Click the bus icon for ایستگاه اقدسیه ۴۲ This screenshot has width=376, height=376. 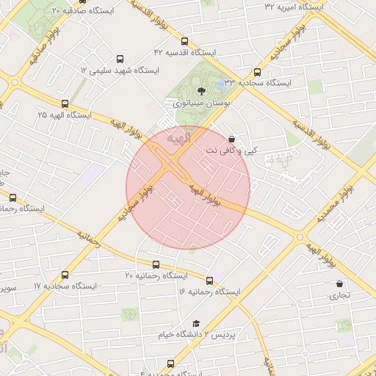pyautogui.click(x=184, y=42)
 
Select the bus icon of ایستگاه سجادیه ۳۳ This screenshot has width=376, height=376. pyautogui.click(x=257, y=72)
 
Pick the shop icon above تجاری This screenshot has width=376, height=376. pyautogui.click(x=339, y=283)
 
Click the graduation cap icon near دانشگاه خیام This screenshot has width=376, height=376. pyautogui.click(x=196, y=324)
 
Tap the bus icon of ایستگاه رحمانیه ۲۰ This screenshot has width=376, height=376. pyautogui.click(x=156, y=264)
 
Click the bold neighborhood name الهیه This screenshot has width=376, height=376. pyautogui.click(x=178, y=137)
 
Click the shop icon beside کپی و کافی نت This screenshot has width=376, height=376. pyautogui.click(x=231, y=139)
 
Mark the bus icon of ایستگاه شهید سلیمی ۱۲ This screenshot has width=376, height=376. pyautogui.click(x=120, y=59)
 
